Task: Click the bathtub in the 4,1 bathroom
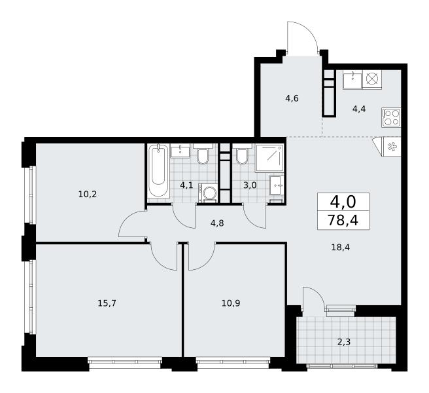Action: tap(158, 170)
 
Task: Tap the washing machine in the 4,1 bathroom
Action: tap(208, 193)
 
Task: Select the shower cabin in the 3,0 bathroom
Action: tap(269, 158)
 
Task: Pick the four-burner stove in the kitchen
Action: tap(391, 117)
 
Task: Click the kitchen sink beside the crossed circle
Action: tap(352, 79)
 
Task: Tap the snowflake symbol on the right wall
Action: tap(392, 147)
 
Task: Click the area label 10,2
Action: tap(88, 195)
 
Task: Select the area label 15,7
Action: tap(107, 303)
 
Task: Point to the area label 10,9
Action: tap(232, 303)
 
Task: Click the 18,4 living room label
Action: tap(340, 248)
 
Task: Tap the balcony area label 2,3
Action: tap(344, 342)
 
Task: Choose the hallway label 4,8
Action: tap(217, 223)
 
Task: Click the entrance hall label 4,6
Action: tap(292, 98)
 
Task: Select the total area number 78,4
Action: tap(343, 220)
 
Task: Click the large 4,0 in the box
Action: tap(343, 202)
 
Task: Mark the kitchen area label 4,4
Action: tap(359, 109)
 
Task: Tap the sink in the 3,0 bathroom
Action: tap(277, 185)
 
